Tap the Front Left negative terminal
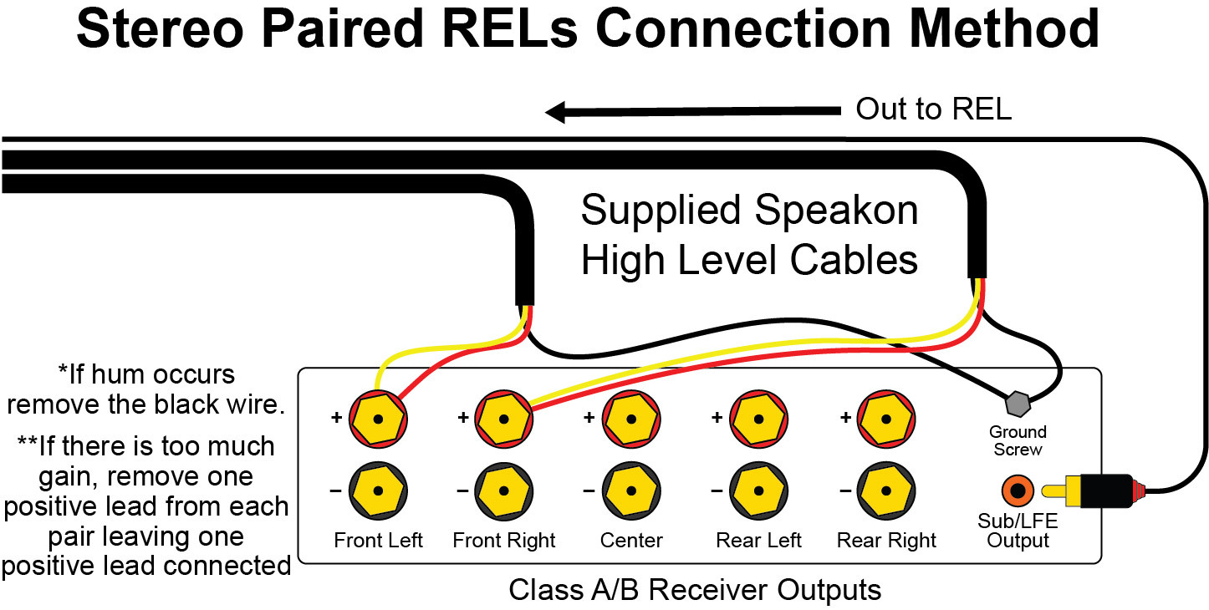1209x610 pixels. [378, 491]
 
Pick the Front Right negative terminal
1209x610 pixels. [504, 491]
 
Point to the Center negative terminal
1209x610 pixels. [631, 491]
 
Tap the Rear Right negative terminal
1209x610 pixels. [886, 491]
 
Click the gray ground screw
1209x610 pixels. [1018, 404]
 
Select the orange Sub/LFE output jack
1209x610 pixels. [1018, 488]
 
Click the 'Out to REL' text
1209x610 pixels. [933, 109]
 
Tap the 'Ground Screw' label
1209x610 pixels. [1018, 440]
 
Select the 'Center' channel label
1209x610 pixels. [631, 541]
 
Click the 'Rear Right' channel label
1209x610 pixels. [886, 541]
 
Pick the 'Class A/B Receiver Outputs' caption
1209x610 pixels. [695, 590]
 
